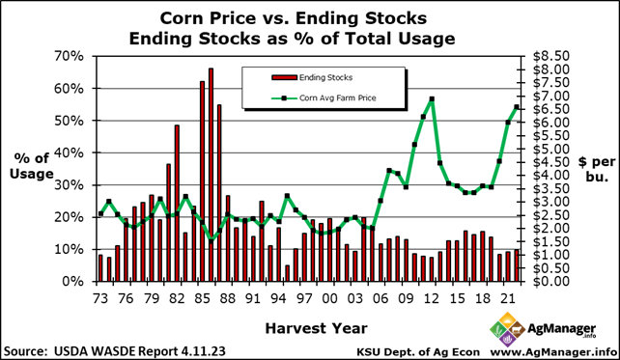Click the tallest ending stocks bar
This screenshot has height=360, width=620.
click(x=211, y=175)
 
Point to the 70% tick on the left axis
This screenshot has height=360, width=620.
click(x=70, y=56)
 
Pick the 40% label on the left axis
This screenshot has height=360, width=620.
click(x=70, y=152)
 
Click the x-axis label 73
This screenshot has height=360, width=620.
click(x=99, y=299)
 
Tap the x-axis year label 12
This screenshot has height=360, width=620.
click(x=432, y=299)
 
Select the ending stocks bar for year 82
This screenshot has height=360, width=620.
click(x=177, y=203)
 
